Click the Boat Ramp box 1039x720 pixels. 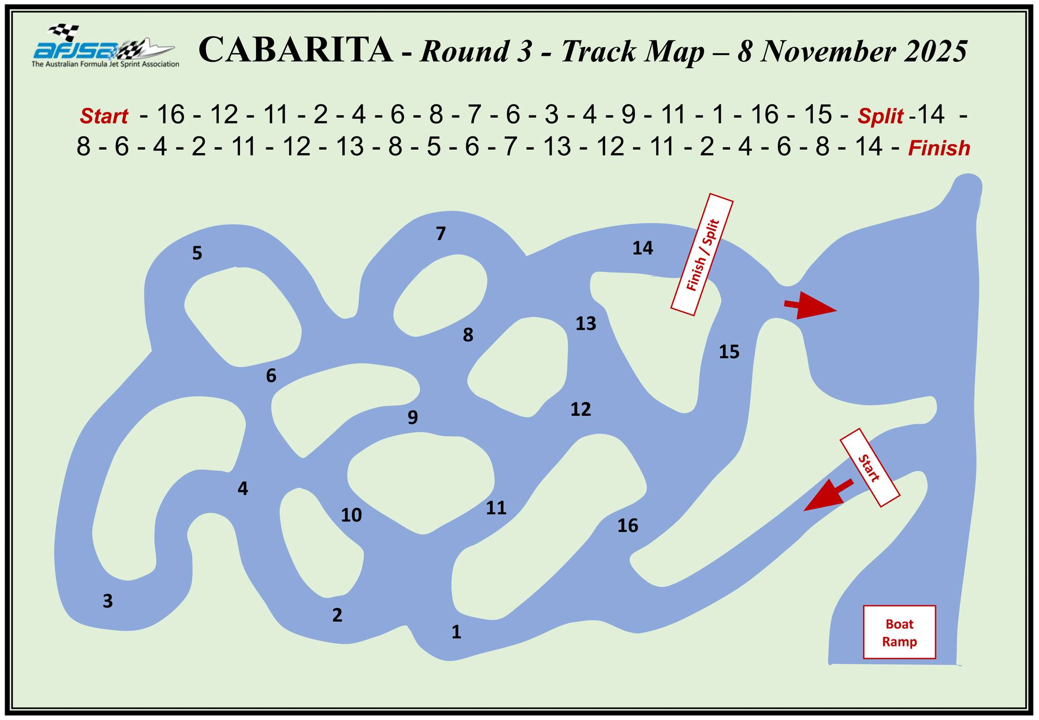899,632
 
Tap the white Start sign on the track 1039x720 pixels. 870,467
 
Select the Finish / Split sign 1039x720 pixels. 702,255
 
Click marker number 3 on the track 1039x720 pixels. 108,601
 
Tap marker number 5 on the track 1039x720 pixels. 197,253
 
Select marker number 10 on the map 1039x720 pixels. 351,515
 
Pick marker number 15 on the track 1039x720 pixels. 729,351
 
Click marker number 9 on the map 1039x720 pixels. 413,417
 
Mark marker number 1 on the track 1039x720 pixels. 456,632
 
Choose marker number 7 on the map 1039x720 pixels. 440,234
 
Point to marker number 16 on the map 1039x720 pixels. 628,526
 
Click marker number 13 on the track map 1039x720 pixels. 585,323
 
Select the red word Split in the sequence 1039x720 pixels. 880,117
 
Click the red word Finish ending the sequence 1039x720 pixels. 939,149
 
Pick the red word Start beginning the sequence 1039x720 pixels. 103,117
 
